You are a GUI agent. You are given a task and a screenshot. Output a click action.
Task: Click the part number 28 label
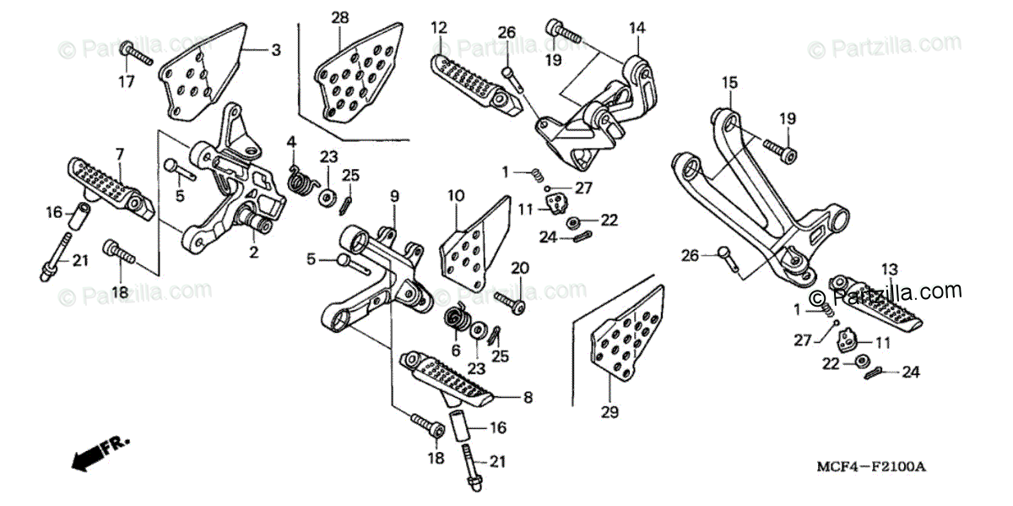339,18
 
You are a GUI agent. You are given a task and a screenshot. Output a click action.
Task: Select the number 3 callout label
275,50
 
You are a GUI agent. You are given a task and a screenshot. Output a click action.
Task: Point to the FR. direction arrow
93,454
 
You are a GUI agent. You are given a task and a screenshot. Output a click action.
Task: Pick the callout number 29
609,412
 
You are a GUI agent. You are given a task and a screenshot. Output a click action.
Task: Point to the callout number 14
637,28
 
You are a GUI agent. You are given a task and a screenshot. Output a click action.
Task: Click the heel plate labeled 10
476,241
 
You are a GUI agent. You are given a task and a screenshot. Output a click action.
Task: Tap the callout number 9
393,197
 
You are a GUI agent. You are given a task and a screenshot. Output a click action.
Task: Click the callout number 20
519,268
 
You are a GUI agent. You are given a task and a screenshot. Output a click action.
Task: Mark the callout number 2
254,251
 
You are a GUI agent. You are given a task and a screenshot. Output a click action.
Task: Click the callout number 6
456,351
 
